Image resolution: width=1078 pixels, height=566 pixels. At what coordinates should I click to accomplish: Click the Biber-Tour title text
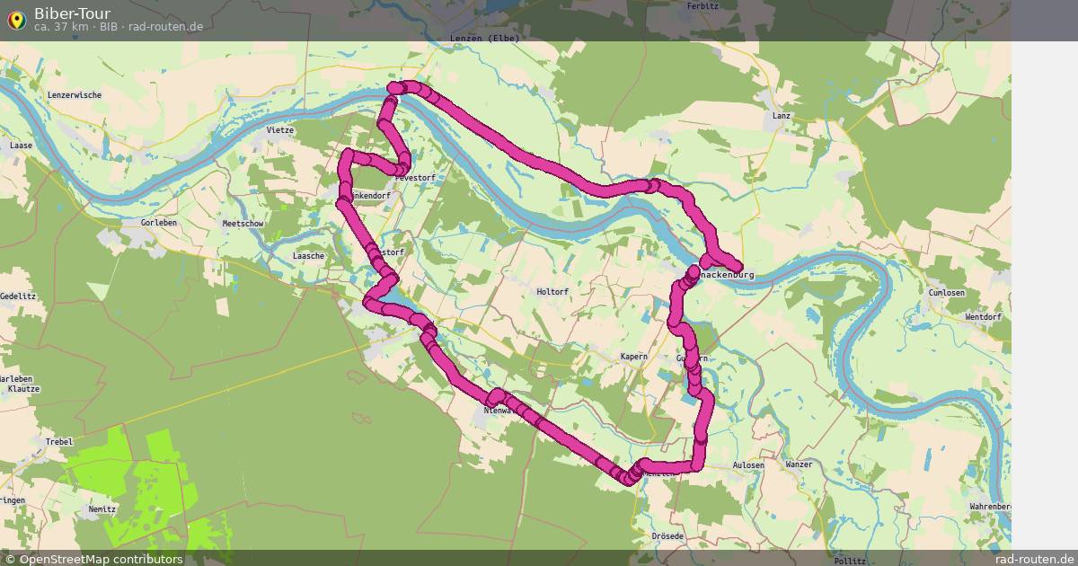[x=73, y=13]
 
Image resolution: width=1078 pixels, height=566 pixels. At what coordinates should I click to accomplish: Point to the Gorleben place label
[x=159, y=222]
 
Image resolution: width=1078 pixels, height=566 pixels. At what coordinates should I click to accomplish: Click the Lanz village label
[x=781, y=116]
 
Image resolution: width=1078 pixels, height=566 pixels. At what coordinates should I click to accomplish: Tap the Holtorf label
[x=552, y=292]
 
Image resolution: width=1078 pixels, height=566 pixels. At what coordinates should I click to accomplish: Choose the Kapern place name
[x=633, y=357]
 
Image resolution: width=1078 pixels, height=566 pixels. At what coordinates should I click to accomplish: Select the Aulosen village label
[x=748, y=464]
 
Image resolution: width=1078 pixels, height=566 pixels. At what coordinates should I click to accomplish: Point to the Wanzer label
[x=799, y=464]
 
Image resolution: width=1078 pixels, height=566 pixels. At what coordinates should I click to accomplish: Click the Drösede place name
[x=667, y=536]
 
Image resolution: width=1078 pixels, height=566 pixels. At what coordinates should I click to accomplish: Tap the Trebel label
[x=59, y=442]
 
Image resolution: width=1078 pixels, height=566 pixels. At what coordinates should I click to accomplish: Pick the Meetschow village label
[x=242, y=224]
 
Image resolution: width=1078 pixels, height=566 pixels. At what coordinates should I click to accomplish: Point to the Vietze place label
[x=280, y=130]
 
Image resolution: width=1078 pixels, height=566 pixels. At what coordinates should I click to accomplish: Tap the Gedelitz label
[x=17, y=296]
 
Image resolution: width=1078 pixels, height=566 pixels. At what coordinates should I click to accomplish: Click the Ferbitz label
[x=702, y=5]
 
